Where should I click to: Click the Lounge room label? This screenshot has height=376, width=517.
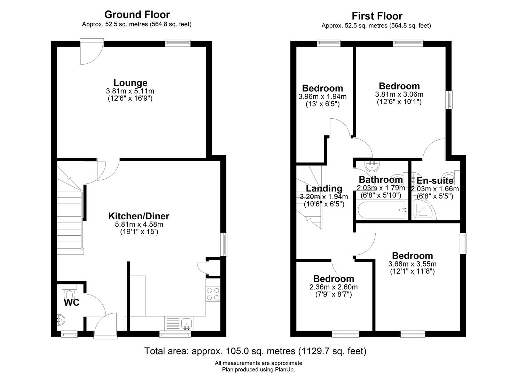(131, 83)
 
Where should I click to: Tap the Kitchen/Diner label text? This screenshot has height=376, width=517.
(139, 216)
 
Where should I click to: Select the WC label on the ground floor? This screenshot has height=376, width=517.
(72, 303)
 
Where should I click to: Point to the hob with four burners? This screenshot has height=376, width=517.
(213, 294)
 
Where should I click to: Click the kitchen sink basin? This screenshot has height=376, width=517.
(187, 324)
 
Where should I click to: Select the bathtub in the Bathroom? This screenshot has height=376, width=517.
(382, 210)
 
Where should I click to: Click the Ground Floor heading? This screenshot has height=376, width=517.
(137, 15)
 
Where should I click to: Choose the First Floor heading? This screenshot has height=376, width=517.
(377, 16)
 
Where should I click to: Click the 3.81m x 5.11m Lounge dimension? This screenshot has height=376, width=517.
(130, 91)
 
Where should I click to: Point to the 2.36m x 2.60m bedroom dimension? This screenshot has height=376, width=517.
(334, 287)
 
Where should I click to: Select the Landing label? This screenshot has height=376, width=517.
(324, 188)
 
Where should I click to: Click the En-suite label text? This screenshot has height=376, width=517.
(435, 180)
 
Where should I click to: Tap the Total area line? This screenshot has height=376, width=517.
(255, 351)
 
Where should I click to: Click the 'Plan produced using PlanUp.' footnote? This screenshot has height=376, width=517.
(258, 369)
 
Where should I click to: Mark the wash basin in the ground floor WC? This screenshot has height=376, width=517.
(61, 320)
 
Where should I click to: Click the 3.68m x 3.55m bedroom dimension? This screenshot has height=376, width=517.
(412, 264)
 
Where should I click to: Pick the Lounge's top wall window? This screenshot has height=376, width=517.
(178, 43)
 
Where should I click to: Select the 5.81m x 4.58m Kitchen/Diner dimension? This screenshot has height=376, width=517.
(139, 224)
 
